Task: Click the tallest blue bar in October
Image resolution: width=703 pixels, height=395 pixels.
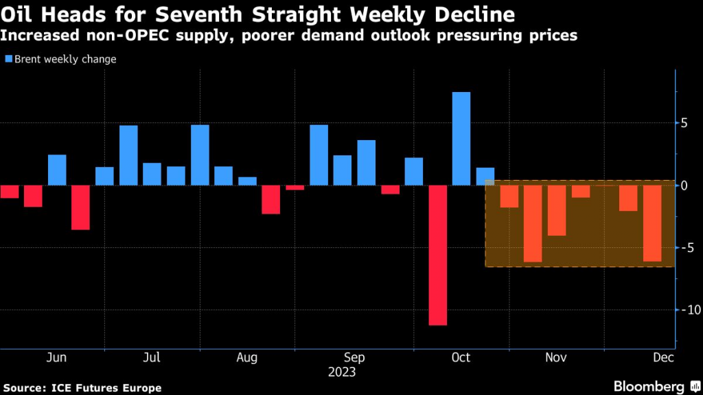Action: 461,138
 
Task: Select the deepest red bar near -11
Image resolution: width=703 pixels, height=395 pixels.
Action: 437,255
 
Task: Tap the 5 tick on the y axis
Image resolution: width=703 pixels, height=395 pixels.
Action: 684,124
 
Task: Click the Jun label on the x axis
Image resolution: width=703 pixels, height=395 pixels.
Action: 57,358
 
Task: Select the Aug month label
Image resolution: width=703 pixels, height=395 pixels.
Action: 246,358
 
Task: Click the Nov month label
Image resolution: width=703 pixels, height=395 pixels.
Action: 555,358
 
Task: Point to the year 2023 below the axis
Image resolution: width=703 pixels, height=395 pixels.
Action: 342,372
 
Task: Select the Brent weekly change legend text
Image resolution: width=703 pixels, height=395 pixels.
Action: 65,59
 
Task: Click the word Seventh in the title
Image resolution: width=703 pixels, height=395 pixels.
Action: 214,14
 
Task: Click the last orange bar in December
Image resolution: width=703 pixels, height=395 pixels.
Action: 652,223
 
